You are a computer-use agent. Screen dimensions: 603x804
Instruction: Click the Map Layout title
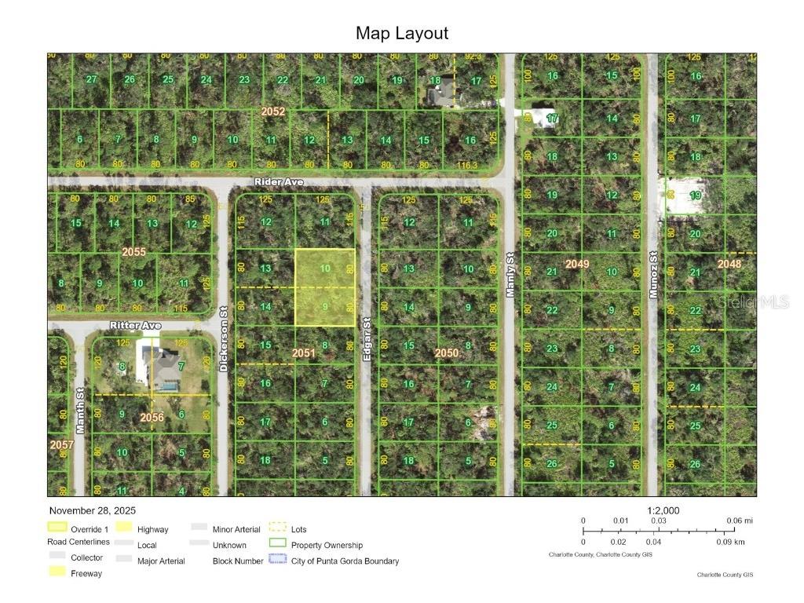(x=401, y=33)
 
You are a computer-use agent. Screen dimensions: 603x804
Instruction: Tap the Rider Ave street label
(x=279, y=182)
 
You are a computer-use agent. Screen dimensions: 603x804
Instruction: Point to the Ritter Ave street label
(x=136, y=325)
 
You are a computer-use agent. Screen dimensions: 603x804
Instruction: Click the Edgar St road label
(x=367, y=339)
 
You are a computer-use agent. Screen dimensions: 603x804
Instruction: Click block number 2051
(x=304, y=353)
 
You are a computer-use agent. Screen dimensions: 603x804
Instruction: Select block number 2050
(x=447, y=353)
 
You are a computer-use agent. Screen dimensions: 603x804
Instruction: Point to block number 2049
(x=577, y=265)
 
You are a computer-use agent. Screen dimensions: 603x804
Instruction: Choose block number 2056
(x=152, y=418)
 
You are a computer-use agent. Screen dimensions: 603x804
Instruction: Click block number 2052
(x=272, y=112)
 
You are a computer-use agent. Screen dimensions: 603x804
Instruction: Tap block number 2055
(x=133, y=252)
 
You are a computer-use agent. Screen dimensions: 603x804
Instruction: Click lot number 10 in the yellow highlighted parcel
(x=325, y=269)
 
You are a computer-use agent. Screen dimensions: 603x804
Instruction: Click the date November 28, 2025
(x=92, y=510)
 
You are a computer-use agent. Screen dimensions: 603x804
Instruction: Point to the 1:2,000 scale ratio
(x=663, y=510)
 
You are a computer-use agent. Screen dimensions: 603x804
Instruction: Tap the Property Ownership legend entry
(x=327, y=545)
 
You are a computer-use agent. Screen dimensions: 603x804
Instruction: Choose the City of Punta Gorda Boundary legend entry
(x=345, y=561)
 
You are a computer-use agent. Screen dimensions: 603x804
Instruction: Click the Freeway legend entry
(x=86, y=573)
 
